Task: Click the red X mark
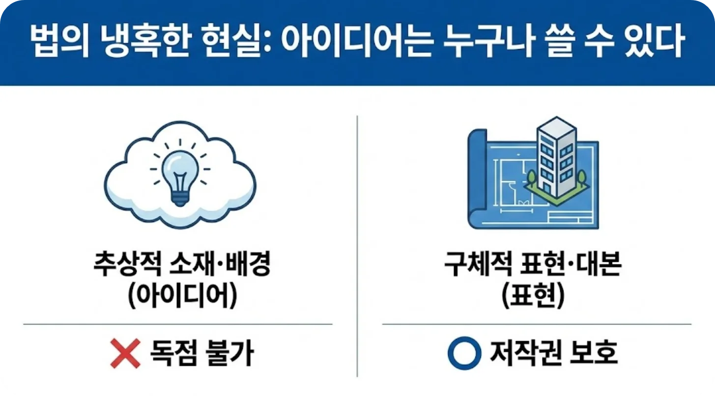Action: (125, 353)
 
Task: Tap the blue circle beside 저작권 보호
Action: (464, 353)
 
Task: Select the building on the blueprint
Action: (557, 158)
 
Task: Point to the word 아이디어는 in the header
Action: (357, 41)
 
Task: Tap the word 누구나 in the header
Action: (488, 41)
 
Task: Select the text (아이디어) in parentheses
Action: (182, 295)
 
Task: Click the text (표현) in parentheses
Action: (533, 295)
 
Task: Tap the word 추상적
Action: (127, 263)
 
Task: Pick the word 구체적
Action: (478, 263)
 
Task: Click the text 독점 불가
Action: (202, 353)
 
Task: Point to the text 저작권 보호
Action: (554, 353)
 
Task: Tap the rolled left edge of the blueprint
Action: (478, 179)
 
